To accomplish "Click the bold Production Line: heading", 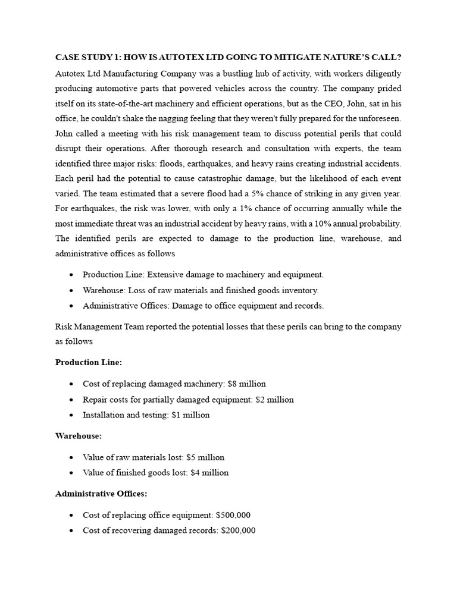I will pos(89,362).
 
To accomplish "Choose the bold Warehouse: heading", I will pos(79,436).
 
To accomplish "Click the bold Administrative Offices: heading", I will pos(102,493).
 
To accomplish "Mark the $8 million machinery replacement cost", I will pos(242,384).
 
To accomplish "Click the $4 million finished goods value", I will pos(209,472).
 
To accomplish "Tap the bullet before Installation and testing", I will pos(71,415).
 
